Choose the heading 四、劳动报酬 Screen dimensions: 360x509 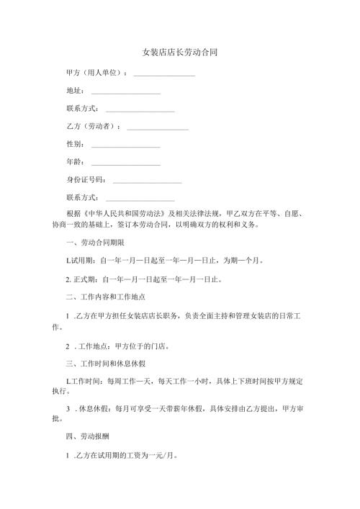[x=91, y=436]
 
